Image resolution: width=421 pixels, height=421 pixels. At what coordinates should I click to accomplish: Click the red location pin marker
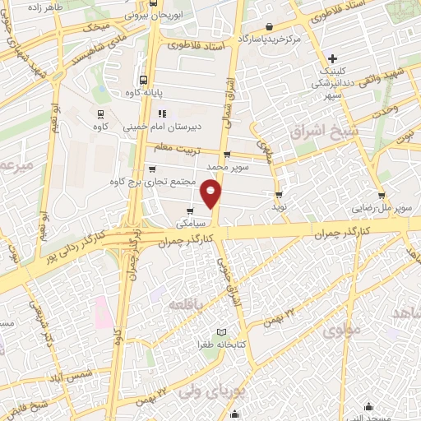click(x=212, y=194)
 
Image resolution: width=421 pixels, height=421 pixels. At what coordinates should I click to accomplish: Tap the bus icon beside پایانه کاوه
click(x=145, y=81)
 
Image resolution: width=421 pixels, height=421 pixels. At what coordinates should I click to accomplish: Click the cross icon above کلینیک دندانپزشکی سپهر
click(x=331, y=58)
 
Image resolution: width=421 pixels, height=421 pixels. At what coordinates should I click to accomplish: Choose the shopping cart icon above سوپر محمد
click(x=226, y=154)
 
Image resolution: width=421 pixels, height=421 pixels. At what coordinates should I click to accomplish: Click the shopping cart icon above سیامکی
click(x=191, y=210)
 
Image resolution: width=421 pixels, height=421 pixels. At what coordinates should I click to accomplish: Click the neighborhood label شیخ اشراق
click(x=322, y=132)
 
